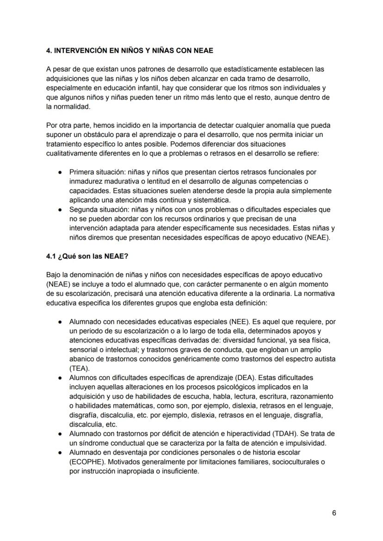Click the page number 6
pyautogui.click(x=334, y=513)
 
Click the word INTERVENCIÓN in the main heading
pyautogui.click(x=85, y=50)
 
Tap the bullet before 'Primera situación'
pyautogui.click(x=61, y=172)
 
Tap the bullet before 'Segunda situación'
pyautogui.click(x=61, y=210)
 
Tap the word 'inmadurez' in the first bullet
pyautogui.click(x=85, y=181)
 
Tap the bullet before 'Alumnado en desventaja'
pyautogui.click(x=61, y=453)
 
